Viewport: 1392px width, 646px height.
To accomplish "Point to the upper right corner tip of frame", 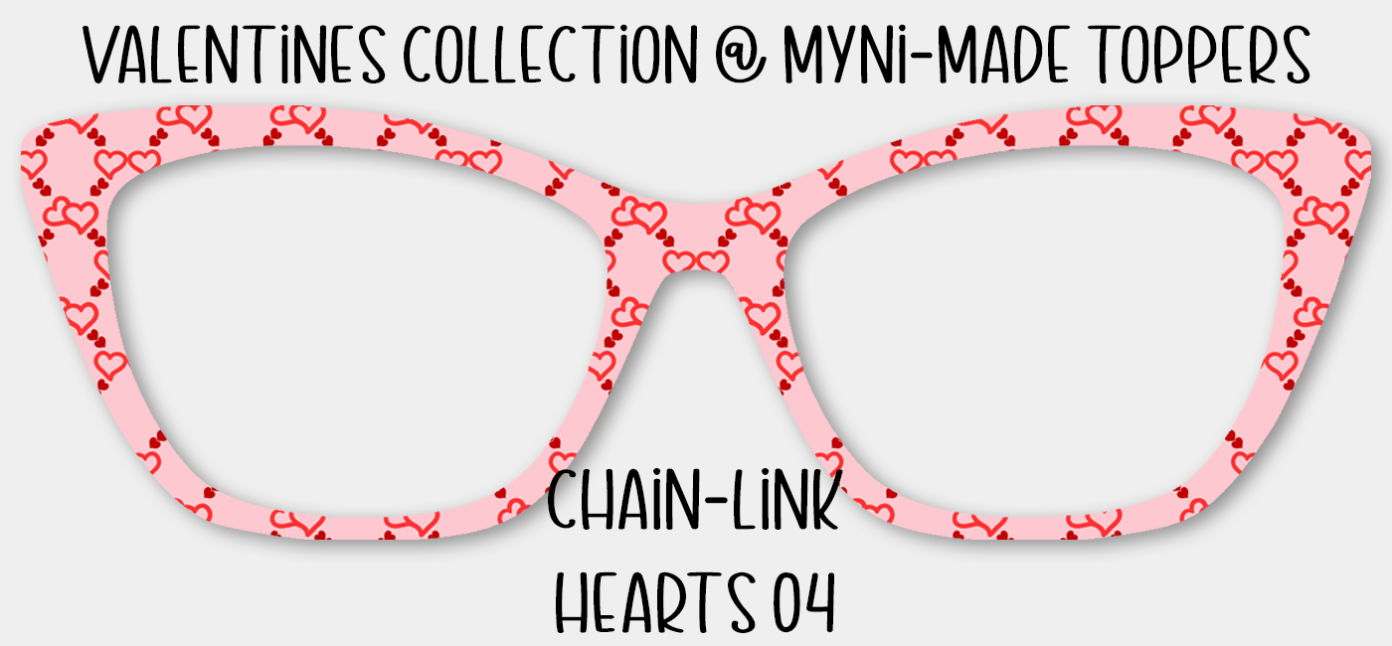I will (1364, 154).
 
